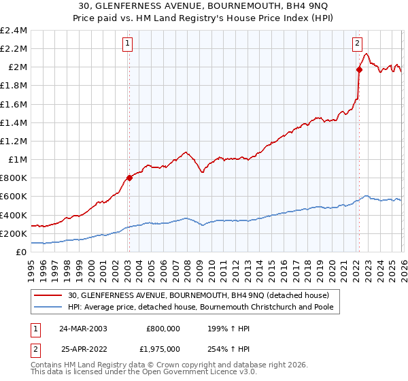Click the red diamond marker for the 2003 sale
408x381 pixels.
point(129,178)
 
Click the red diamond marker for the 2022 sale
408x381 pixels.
point(358,69)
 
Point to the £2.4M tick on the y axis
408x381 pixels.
point(14,31)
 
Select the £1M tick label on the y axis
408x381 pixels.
point(17,160)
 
